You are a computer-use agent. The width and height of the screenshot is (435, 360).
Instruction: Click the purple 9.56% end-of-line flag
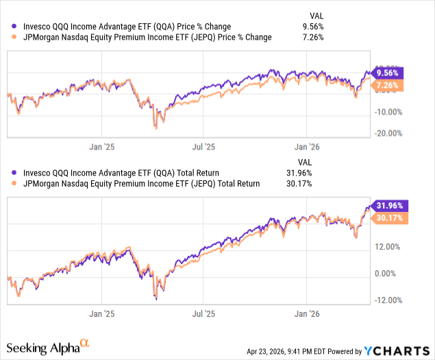tap(387, 73)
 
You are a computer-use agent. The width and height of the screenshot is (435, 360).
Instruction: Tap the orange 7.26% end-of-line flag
tap(387, 85)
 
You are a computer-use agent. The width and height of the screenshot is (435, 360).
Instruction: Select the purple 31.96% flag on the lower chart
tap(389, 206)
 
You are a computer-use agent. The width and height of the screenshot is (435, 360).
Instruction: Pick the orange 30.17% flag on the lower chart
tap(389, 218)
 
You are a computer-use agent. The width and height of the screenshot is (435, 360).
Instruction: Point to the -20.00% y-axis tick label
tap(388, 133)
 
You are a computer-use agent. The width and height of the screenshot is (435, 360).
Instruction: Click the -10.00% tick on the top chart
tap(388, 112)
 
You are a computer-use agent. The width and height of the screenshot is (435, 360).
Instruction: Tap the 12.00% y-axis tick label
tap(387, 247)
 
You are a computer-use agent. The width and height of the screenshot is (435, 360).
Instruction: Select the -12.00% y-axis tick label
tap(388, 300)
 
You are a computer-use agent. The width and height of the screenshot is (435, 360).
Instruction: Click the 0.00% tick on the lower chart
tap(386, 274)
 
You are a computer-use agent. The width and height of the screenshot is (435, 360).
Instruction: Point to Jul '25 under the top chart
tap(203, 147)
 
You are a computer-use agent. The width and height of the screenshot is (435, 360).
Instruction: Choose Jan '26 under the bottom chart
tap(307, 314)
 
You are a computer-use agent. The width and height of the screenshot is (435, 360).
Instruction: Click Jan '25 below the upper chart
tap(102, 147)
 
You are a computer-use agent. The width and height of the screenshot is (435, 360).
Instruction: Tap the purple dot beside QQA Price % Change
tap(14, 26)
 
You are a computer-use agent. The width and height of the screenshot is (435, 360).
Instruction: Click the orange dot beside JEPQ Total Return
tap(14, 183)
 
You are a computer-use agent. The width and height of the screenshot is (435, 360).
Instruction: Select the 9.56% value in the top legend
tap(313, 26)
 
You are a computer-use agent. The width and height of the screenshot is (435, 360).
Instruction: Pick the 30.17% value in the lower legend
tap(299, 184)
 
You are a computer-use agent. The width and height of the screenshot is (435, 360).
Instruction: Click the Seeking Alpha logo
tap(48, 347)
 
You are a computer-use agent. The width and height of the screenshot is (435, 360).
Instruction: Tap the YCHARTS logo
tap(397, 351)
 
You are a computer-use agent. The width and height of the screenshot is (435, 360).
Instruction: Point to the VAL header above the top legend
tap(316, 16)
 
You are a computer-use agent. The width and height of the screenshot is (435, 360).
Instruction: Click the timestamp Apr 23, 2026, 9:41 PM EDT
tap(286, 351)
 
